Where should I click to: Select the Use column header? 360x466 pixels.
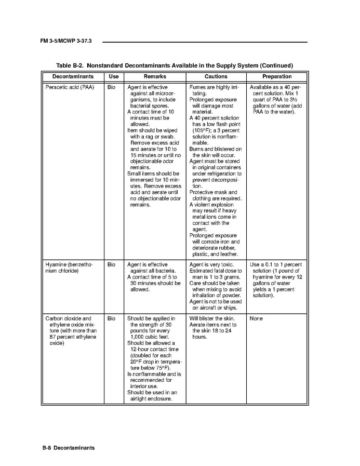tap(114, 76)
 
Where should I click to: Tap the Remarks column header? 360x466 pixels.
tap(155, 76)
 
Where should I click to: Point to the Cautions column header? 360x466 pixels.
tap(216, 76)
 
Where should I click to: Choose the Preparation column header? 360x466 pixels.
tap(277, 76)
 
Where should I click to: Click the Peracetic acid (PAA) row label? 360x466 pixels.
tap(70, 87)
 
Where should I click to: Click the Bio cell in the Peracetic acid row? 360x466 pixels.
tap(111, 87)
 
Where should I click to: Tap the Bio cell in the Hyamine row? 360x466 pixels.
tap(111, 264)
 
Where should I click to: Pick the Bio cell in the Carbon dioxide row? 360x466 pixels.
tap(111, 318)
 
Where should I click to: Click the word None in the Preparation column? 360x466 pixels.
tap(256, 318)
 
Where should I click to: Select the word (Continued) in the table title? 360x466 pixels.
tap(276, 65)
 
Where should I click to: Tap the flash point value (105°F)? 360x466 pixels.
tap(202, 130)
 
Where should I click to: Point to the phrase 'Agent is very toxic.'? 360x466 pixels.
tap(211, 264)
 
